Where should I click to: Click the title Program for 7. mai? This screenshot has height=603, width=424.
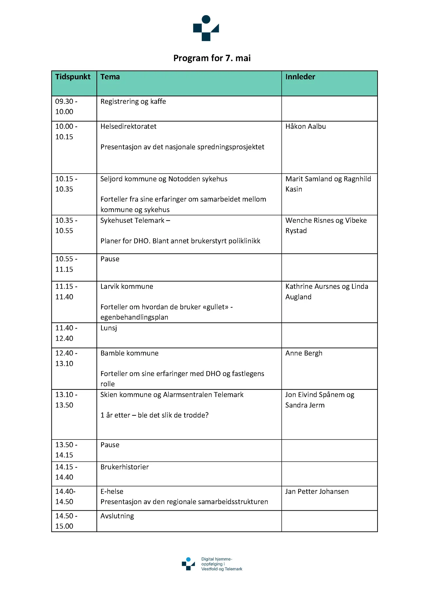[212, 58]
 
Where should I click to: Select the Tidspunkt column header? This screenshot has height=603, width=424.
[73, 77]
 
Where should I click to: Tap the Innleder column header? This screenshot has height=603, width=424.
[300, 77]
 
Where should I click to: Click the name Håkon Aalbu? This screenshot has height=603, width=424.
[305, 126]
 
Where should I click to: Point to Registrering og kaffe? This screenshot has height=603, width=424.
[133, 102]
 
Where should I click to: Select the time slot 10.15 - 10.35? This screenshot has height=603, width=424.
[66, 184]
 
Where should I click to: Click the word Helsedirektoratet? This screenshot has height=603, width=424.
[128, 126]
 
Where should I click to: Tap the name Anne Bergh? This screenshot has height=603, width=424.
[304, 353]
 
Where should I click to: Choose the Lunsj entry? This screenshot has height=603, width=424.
[109, 328]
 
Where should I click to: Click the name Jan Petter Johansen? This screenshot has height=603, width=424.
[317, 491]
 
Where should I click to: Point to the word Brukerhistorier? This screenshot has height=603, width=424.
[124, 467]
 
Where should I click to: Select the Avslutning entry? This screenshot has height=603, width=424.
[117, 516]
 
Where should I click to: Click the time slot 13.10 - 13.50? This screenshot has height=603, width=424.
[66, 400]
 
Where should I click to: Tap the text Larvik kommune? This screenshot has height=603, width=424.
[127, 286]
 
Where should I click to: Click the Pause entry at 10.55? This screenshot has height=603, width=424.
[110, 259]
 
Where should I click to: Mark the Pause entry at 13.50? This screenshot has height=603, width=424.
[110, 445]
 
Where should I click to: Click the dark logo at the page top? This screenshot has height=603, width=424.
[206, 28]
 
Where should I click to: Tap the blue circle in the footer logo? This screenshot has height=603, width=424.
[188, 559]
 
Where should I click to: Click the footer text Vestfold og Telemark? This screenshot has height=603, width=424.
[221, 569]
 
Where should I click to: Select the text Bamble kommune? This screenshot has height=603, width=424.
[129, 353]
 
